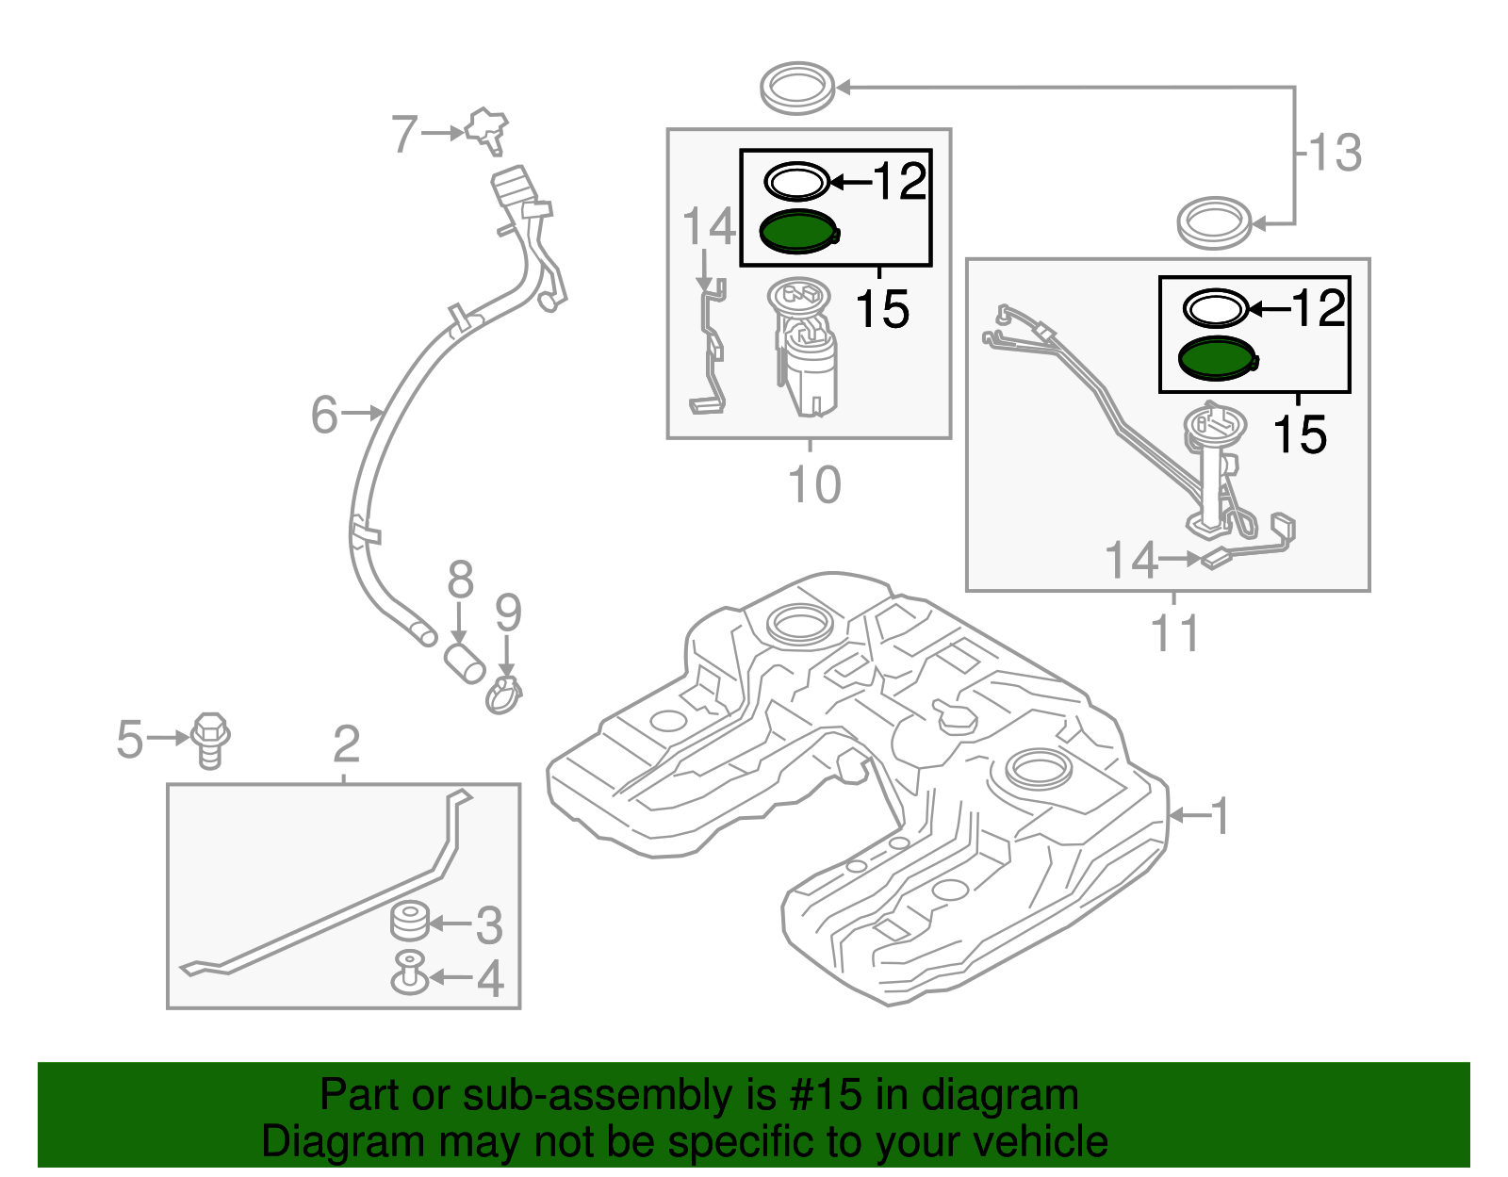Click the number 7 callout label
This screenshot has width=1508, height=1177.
[403, 135]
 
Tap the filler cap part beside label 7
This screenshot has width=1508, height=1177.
[487, 128]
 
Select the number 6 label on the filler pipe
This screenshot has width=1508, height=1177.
[324, 415]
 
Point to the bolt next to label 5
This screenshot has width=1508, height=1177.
[210, 740]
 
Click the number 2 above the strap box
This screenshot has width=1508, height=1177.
[346, 744]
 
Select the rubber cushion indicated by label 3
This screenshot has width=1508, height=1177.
[409, 921]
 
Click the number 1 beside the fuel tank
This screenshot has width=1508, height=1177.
[1220, 815]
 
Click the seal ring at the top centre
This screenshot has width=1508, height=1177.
[797, 87]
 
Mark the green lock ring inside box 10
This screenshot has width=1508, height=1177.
[797, 232]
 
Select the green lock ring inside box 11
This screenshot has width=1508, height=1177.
[1217, 359]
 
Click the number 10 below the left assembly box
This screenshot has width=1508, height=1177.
[813, 484]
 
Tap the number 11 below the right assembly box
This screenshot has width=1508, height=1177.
[1174, 633]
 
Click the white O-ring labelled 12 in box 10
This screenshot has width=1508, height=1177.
[796, 181]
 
